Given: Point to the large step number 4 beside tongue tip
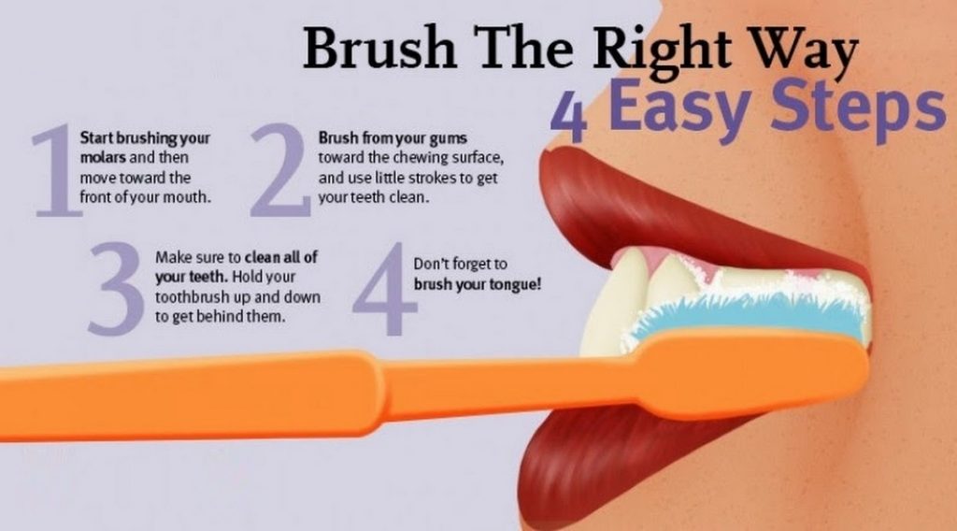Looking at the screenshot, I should (x=383, y=290).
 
